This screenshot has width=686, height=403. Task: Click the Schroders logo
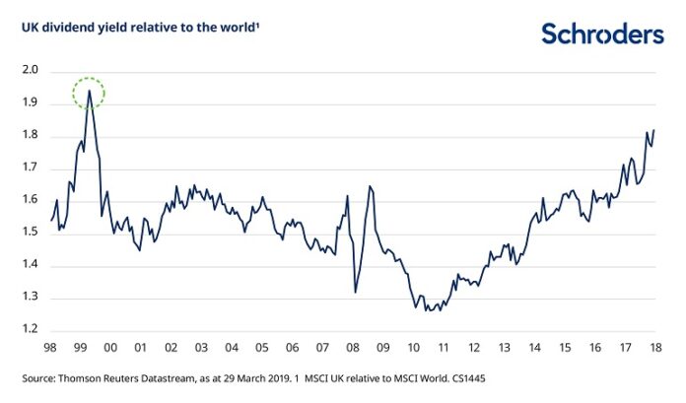tap(602, 34)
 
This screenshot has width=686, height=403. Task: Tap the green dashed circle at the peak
tap(89, 93)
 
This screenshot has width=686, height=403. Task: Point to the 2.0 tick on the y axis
tap(29, 71)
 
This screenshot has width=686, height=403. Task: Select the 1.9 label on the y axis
tap(29, 103)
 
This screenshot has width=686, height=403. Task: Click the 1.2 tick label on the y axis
tap(29, 330)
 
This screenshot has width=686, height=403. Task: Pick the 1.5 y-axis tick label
tap(29, 233)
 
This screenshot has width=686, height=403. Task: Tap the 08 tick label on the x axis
tap(352, 348)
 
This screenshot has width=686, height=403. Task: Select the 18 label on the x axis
tap(654, 348)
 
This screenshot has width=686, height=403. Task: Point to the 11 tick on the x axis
tap(444, 348)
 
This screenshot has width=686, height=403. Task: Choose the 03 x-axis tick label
tap(201, 348)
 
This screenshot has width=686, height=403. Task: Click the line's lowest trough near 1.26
tap(427, 310)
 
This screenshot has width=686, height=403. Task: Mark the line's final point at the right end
tap(654, 130)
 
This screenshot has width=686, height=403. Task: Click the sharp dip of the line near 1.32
tap(355, 292)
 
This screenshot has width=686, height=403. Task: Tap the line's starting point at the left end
tap(50, 220)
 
